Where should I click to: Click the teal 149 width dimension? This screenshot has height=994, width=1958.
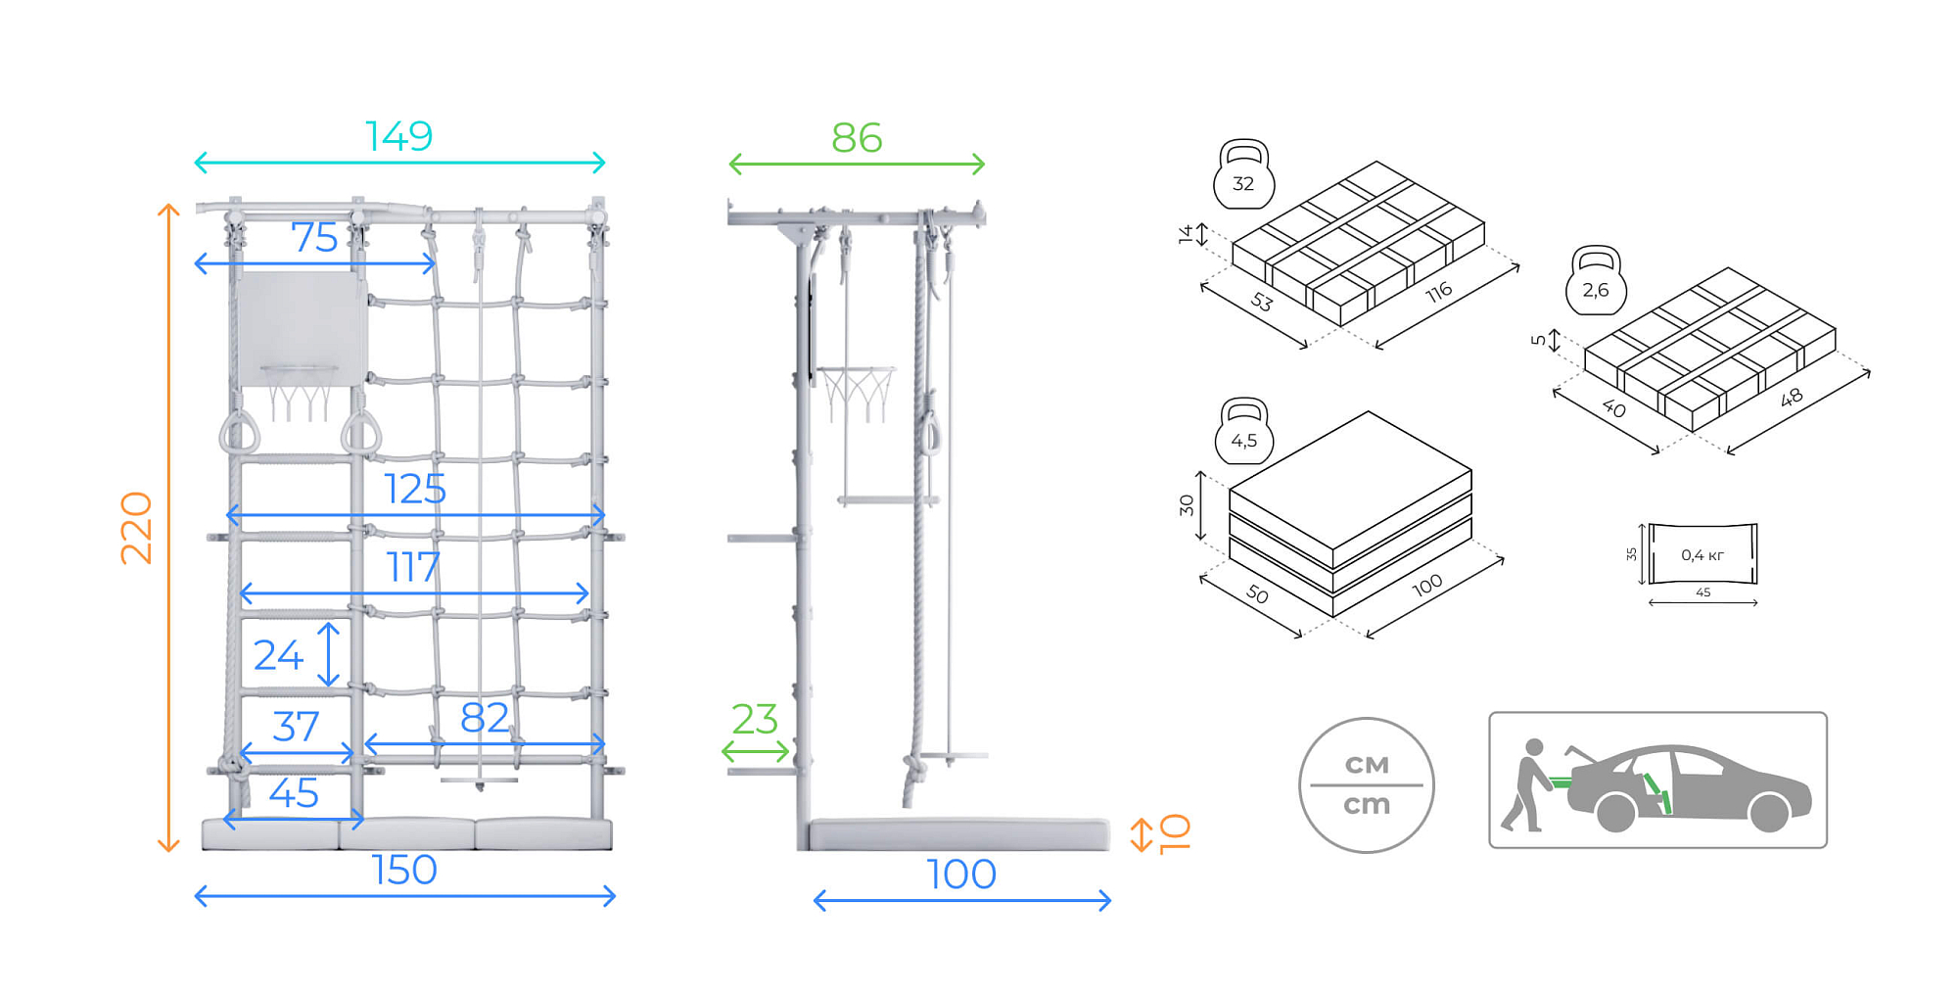pyautogui.click(x=398, y=136)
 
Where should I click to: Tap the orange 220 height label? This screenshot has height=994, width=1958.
pyautogui.click(x=136, y=528)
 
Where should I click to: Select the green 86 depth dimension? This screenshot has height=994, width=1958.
pyautogui.click(x=857, y=138)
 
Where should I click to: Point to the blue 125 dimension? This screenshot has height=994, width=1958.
pyautogui.click(x=415, y=489)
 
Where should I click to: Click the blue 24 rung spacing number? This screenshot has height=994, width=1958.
pyautogui.click(x=278, y=655)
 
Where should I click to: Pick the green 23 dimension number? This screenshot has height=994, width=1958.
pyautogui.click(x=755, y=720)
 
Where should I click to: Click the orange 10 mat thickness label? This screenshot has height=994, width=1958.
pyautogui.click(x=1174, y=834)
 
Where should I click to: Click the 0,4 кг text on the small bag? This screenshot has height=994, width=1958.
pyautogui.click(x=1702, y=555)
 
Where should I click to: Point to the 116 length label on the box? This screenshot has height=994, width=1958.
pyautogui.click(x=1438, y=292)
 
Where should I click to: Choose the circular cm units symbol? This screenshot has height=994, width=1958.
pyautogui.click(x=1367, y=784)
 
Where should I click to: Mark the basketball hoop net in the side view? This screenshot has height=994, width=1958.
pyautogui.click(x=858, y=395)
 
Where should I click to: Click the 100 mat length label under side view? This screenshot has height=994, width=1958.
pyautogui.click(x=961, y=875)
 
